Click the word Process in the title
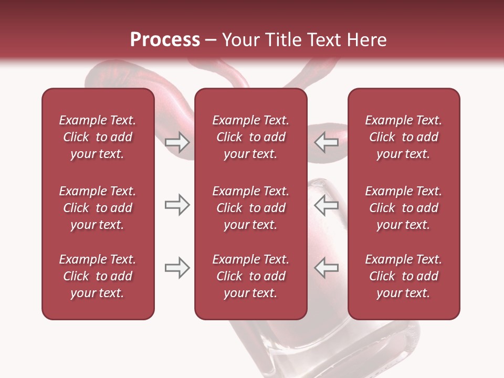165,40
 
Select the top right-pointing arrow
177,142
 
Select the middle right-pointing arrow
177,205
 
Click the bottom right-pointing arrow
177,268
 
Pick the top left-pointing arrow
327,142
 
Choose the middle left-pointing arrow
327,205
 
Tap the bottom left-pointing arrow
327,268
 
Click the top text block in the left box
98,137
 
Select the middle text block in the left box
98,208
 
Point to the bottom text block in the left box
98,276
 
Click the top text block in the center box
250,137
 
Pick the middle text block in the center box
250,208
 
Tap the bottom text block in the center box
250,276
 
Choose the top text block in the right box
403,137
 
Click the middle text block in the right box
403,208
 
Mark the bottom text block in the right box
403,276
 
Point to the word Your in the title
240,40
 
